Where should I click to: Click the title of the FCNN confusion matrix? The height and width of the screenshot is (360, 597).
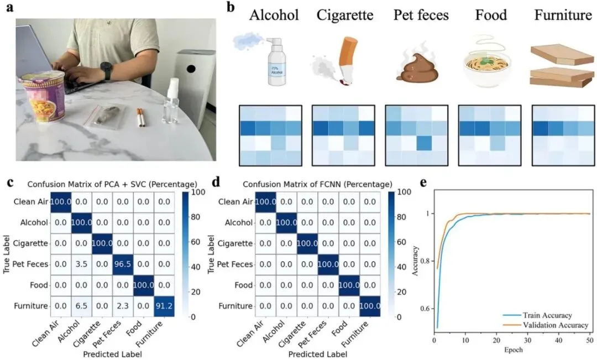tap(322, 184)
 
